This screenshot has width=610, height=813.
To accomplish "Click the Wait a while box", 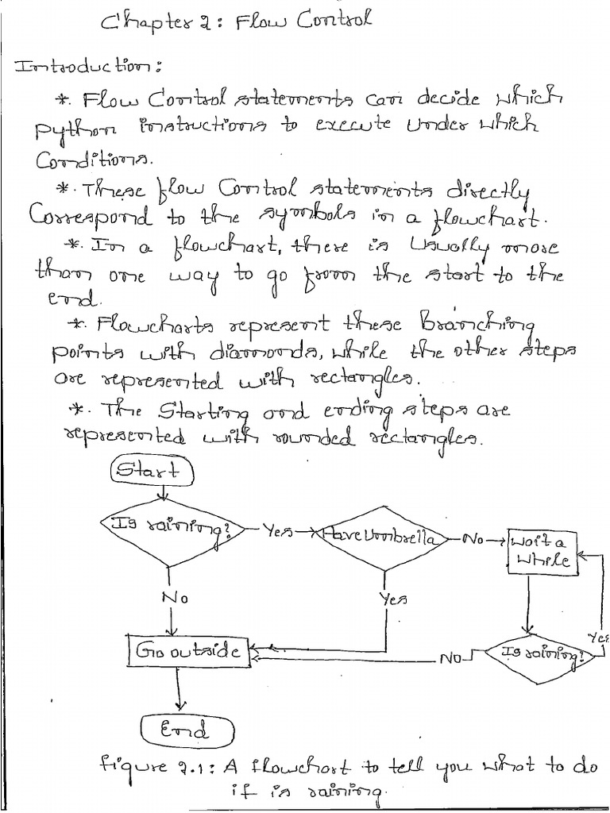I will click(542, 550).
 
